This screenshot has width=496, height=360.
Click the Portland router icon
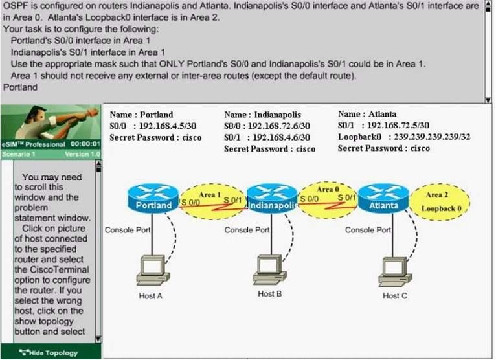click(153, 199)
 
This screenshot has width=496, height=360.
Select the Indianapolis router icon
click(273, 199)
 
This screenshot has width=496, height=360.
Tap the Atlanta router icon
click(384, 199)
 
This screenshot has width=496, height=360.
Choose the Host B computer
click(269, 269)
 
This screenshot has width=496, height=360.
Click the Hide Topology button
click(51, 352)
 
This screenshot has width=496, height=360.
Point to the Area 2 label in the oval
click(437, 195)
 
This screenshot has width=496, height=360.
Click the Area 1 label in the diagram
click(210, 194)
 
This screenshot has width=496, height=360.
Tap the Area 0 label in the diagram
click(328, 189)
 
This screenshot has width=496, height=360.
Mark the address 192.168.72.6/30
click(279, 126)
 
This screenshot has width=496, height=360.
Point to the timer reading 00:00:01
click(85, 144)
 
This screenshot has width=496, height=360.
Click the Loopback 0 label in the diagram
click(441, 208)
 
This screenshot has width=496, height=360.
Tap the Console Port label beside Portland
click(128, 230)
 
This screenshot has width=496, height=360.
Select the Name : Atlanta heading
click(367, 114)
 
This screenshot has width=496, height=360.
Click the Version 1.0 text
click(83, 154)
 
